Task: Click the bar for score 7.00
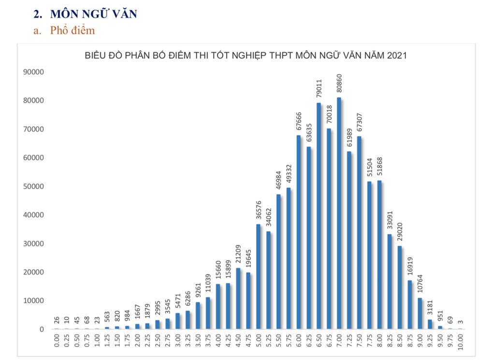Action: click(x=339, y=213)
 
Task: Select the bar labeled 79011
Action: click(x=319, y=216)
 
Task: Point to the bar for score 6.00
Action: click(x=299, y=232)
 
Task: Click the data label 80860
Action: click(x=339, y=83)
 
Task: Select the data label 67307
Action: click(x=359, y=121)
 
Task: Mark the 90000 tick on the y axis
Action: click(x=33, y=72)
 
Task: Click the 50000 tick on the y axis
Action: click(x=33, y=187)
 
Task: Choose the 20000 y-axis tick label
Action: click(x=33, y=272)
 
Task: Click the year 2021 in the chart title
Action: click(x=396, y=56)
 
